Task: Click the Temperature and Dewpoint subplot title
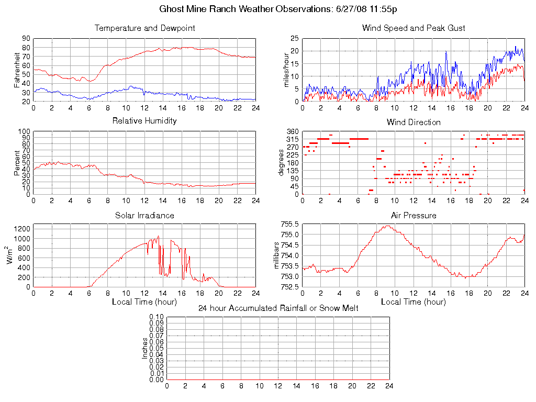coord(144,28)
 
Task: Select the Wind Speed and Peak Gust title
coord(414,28)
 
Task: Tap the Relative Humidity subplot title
coord(144,121)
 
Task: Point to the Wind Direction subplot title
coord(414,122)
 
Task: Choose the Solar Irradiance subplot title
coord(144,215)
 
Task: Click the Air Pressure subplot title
coord(414,215)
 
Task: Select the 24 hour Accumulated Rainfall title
coord(278,308)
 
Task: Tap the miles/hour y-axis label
coord(286,70)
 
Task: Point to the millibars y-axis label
coord(278,255)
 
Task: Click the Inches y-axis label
coord(145,348)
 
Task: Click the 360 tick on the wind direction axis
coord(292,131)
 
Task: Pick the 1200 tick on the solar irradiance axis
coord(22,229)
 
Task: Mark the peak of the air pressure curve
coord(387,226)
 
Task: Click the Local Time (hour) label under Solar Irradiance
coord(144,301)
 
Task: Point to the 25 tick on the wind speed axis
coord(294,38)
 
